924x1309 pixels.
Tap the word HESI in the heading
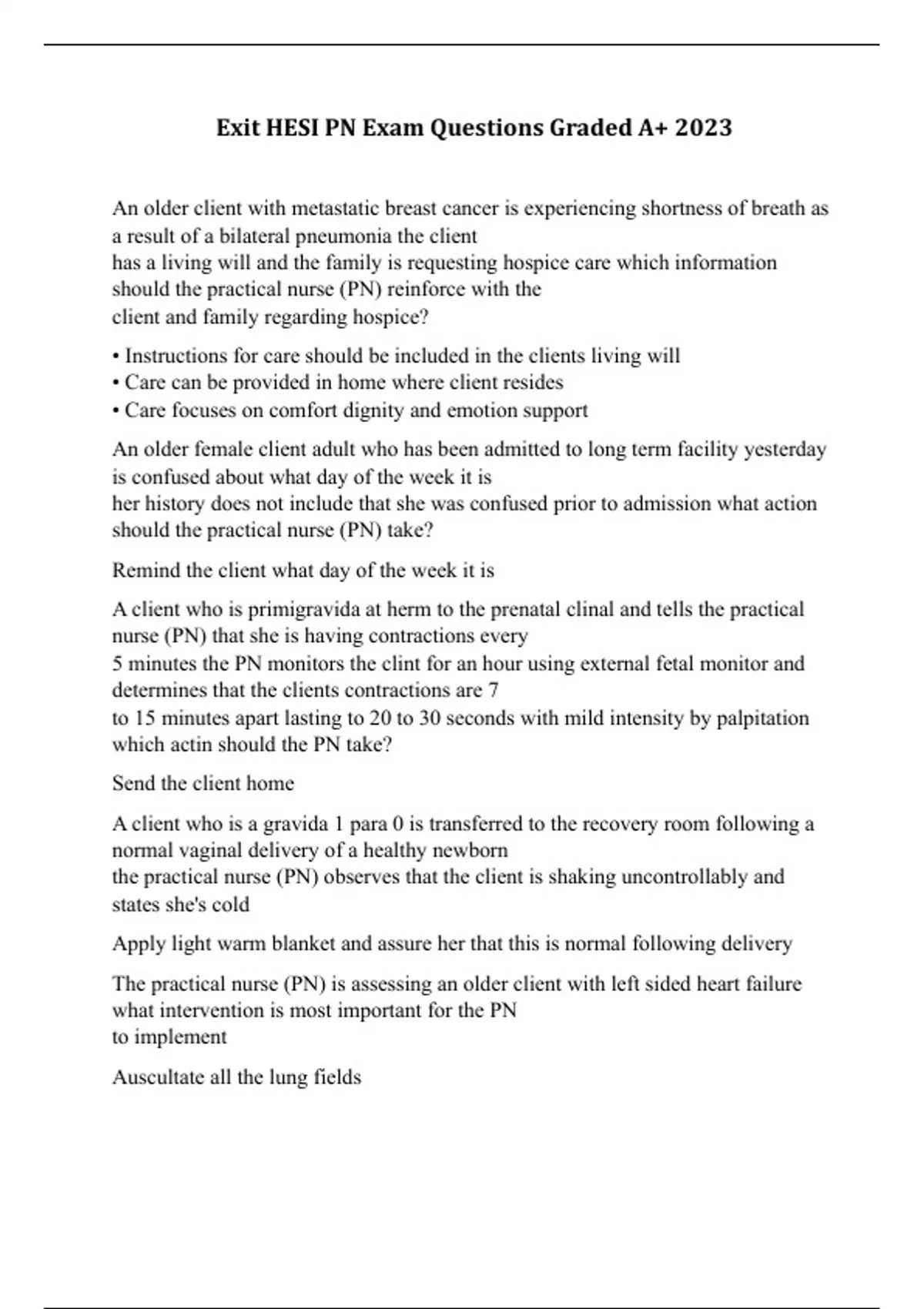292,127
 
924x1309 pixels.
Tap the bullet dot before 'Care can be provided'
115,383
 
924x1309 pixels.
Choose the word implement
180,1037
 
